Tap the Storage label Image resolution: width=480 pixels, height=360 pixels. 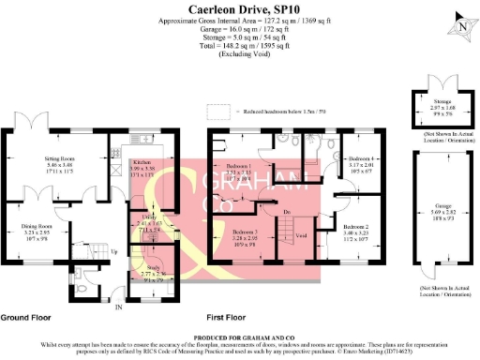442,106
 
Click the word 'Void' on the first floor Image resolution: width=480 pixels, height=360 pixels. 301,235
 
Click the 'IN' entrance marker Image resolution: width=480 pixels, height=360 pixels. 118,307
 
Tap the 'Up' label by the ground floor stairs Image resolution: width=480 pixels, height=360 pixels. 114,252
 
